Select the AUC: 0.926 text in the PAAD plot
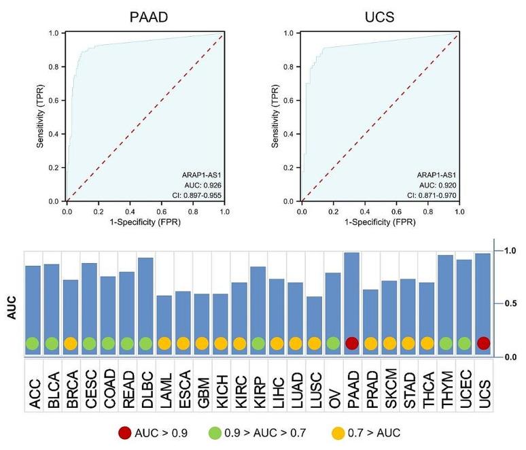click(204, 185)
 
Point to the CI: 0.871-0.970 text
click(432, 195)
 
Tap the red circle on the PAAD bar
click(351, 343)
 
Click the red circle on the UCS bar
click(483, 343)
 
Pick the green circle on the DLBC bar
click(145, 343)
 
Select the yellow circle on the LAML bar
click(164, 343)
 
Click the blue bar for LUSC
click(314, 319)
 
